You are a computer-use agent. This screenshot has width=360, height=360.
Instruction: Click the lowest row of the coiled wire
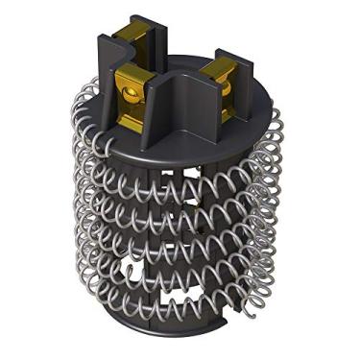(x=182, y=305)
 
